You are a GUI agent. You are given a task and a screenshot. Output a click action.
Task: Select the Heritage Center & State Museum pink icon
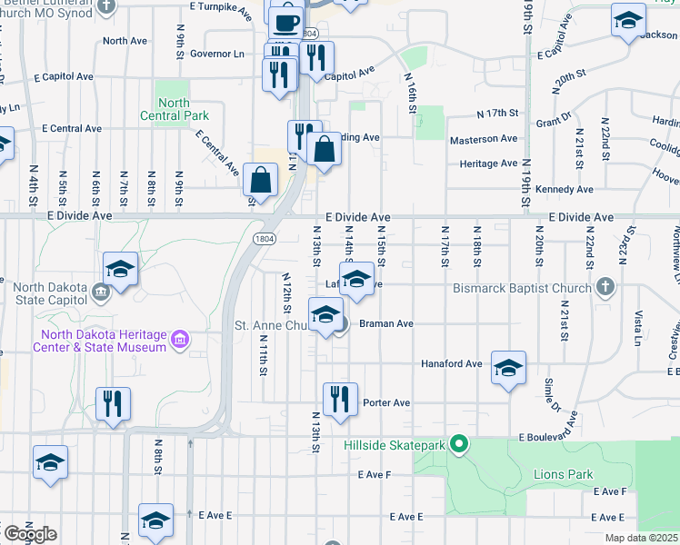point(180,340)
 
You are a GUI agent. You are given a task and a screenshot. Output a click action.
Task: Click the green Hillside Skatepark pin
point(460,444)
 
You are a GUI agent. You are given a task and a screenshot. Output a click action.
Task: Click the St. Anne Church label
point(273,325)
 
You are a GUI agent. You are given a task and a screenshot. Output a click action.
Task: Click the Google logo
point(29,533)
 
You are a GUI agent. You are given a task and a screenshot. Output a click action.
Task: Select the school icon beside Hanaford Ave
point(509,369)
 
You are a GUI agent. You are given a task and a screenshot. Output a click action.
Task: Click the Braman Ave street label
point(387,323)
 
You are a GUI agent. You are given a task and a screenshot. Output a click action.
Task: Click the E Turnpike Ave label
point(221,6)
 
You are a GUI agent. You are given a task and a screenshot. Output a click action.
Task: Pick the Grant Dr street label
point(553,120)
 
